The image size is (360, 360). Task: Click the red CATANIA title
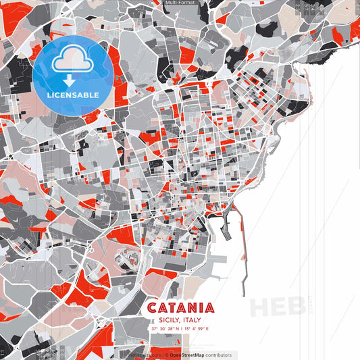click(x=180, y=308)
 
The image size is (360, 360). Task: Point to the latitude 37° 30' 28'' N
click(x=165, y=329)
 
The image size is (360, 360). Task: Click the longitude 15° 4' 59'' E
click(x=196, y=329)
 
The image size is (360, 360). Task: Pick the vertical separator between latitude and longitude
click(x=180, y=329)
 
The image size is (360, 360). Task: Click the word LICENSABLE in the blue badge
click(x=73, y=95)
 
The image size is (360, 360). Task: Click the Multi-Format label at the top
click(x=180, y=3)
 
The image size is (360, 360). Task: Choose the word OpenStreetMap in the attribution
click(x=187, y=355)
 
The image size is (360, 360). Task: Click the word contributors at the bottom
click(x=218, y=355)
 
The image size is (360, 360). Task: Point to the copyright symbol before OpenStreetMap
click(x=166, y=355)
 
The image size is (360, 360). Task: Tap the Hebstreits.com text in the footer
click(x=145, y=355)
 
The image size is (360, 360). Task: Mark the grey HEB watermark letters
click(x=277, y=307)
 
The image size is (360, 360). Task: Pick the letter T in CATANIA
click(x=172, y=308)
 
